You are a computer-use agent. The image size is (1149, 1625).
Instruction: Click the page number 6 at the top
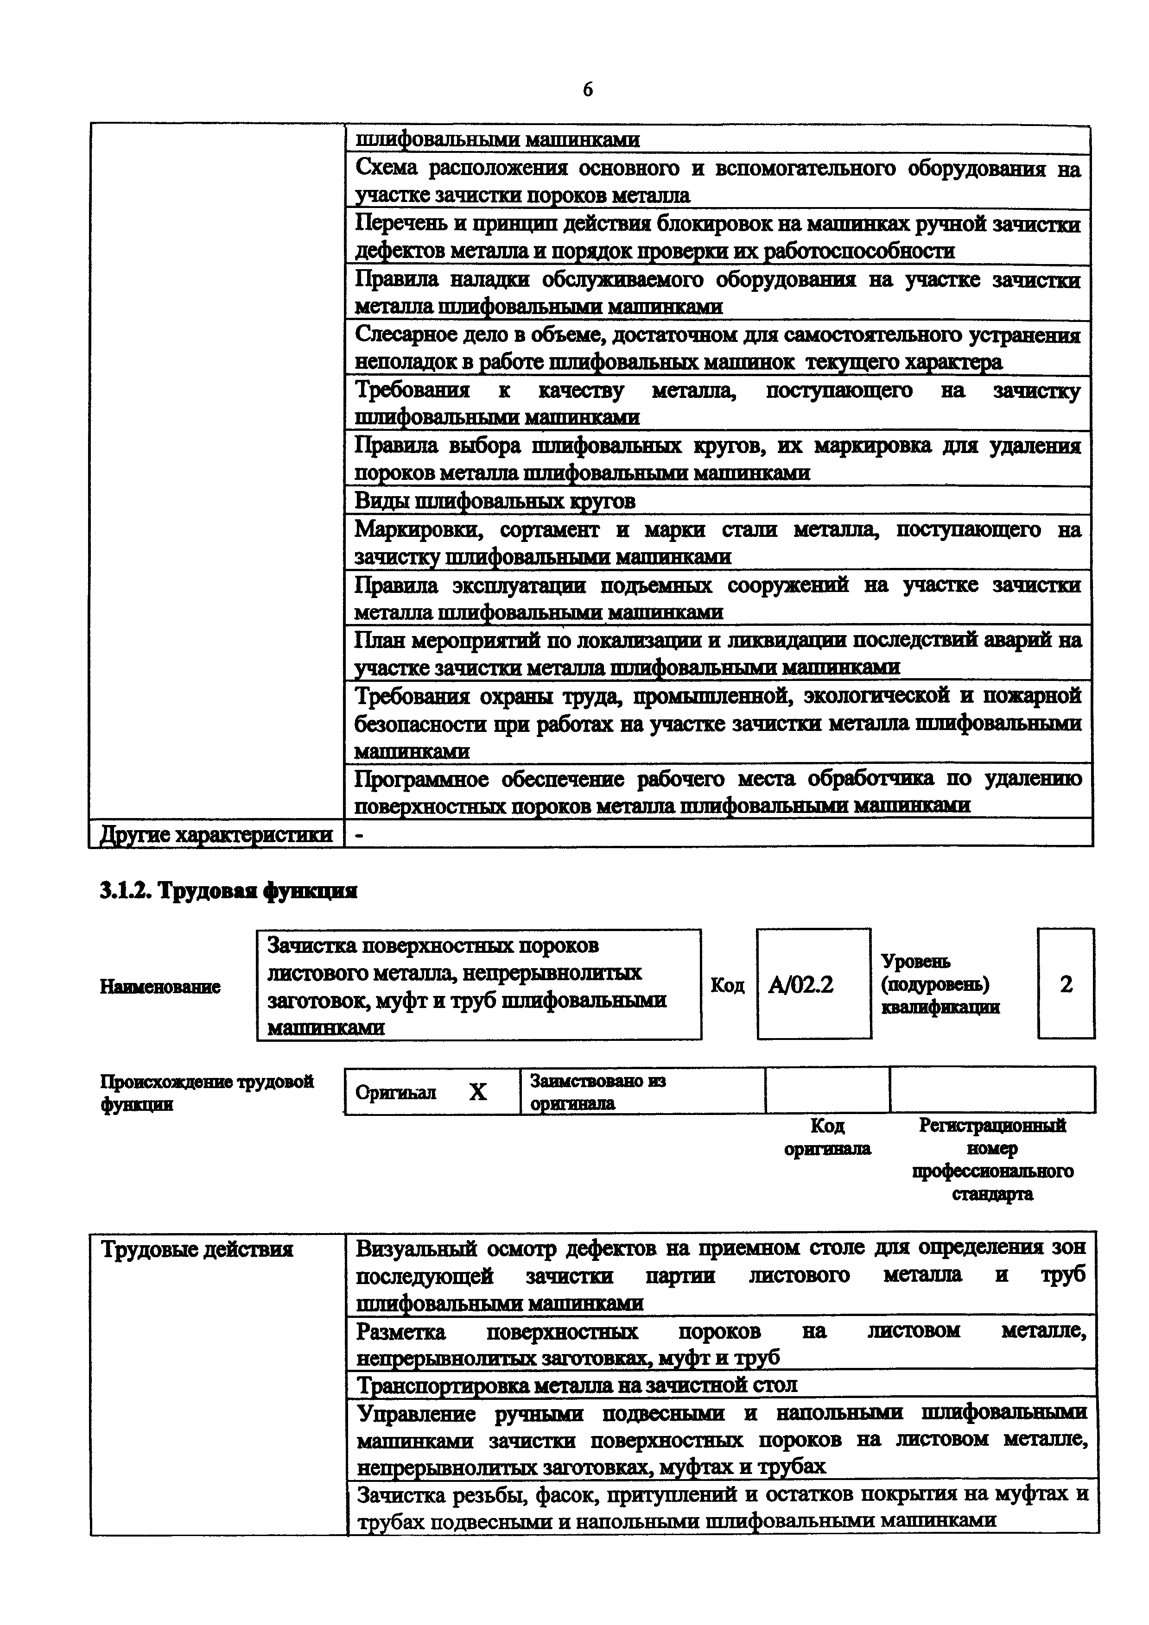[x=588, y=89]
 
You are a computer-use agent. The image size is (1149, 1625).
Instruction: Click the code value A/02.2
[x=801, y=984]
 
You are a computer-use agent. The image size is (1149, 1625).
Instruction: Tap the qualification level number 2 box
[x=1066, y=984]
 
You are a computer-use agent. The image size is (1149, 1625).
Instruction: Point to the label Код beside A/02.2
[x=727, y=985]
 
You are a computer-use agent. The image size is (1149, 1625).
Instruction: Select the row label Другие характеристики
[x=216, y=834]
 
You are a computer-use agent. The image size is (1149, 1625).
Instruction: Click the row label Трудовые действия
[x=197, y=1249]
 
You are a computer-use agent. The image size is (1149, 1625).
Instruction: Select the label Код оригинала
[x=827, y=1137]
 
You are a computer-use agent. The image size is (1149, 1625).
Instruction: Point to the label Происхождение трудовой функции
[x=207, y=1092]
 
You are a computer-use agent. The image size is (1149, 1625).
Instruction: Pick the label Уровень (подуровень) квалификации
[x=940, y=984]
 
